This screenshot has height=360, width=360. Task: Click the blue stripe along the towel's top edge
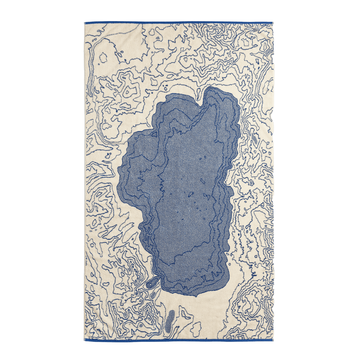tap(179, 22)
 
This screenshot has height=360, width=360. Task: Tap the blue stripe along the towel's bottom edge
tap(179, 340)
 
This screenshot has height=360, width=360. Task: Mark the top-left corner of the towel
tap(84, 22)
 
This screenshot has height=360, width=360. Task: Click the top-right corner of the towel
tap(273, 22)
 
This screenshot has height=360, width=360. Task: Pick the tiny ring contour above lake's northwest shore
tap(165, 85)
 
